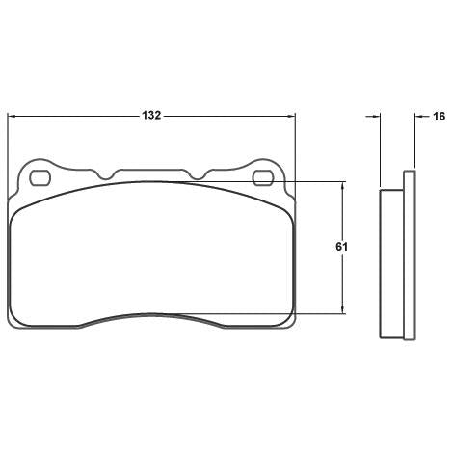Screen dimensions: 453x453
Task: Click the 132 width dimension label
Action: coord(151,116)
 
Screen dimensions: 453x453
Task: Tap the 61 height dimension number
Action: coord(341,247)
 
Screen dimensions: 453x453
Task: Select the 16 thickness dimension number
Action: coord(439,117)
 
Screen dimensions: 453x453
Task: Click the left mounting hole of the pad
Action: coord(40,177)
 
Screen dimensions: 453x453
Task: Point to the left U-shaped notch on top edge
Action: coord(105,174)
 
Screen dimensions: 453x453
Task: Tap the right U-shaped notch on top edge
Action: coord(199,174)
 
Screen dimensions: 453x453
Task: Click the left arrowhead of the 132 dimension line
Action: coord(12,116)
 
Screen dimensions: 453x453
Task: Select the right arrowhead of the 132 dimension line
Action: coord(290,116)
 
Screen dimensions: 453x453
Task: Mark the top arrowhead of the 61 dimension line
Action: coord(343,186)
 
